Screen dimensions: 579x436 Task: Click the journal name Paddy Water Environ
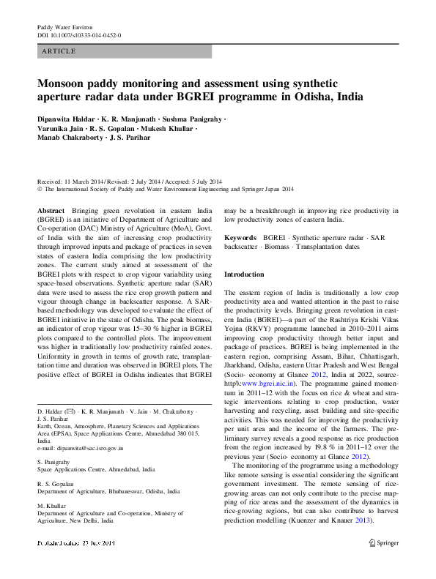[64, 27]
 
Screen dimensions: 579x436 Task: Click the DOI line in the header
[79, 35]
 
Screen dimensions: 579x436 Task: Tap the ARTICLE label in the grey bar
[59, 52]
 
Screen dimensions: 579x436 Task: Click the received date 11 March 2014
[88, 181]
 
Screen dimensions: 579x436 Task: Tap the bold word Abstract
[51, 210]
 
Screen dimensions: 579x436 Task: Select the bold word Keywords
[240, 238]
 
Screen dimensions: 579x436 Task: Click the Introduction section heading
[244, 274]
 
